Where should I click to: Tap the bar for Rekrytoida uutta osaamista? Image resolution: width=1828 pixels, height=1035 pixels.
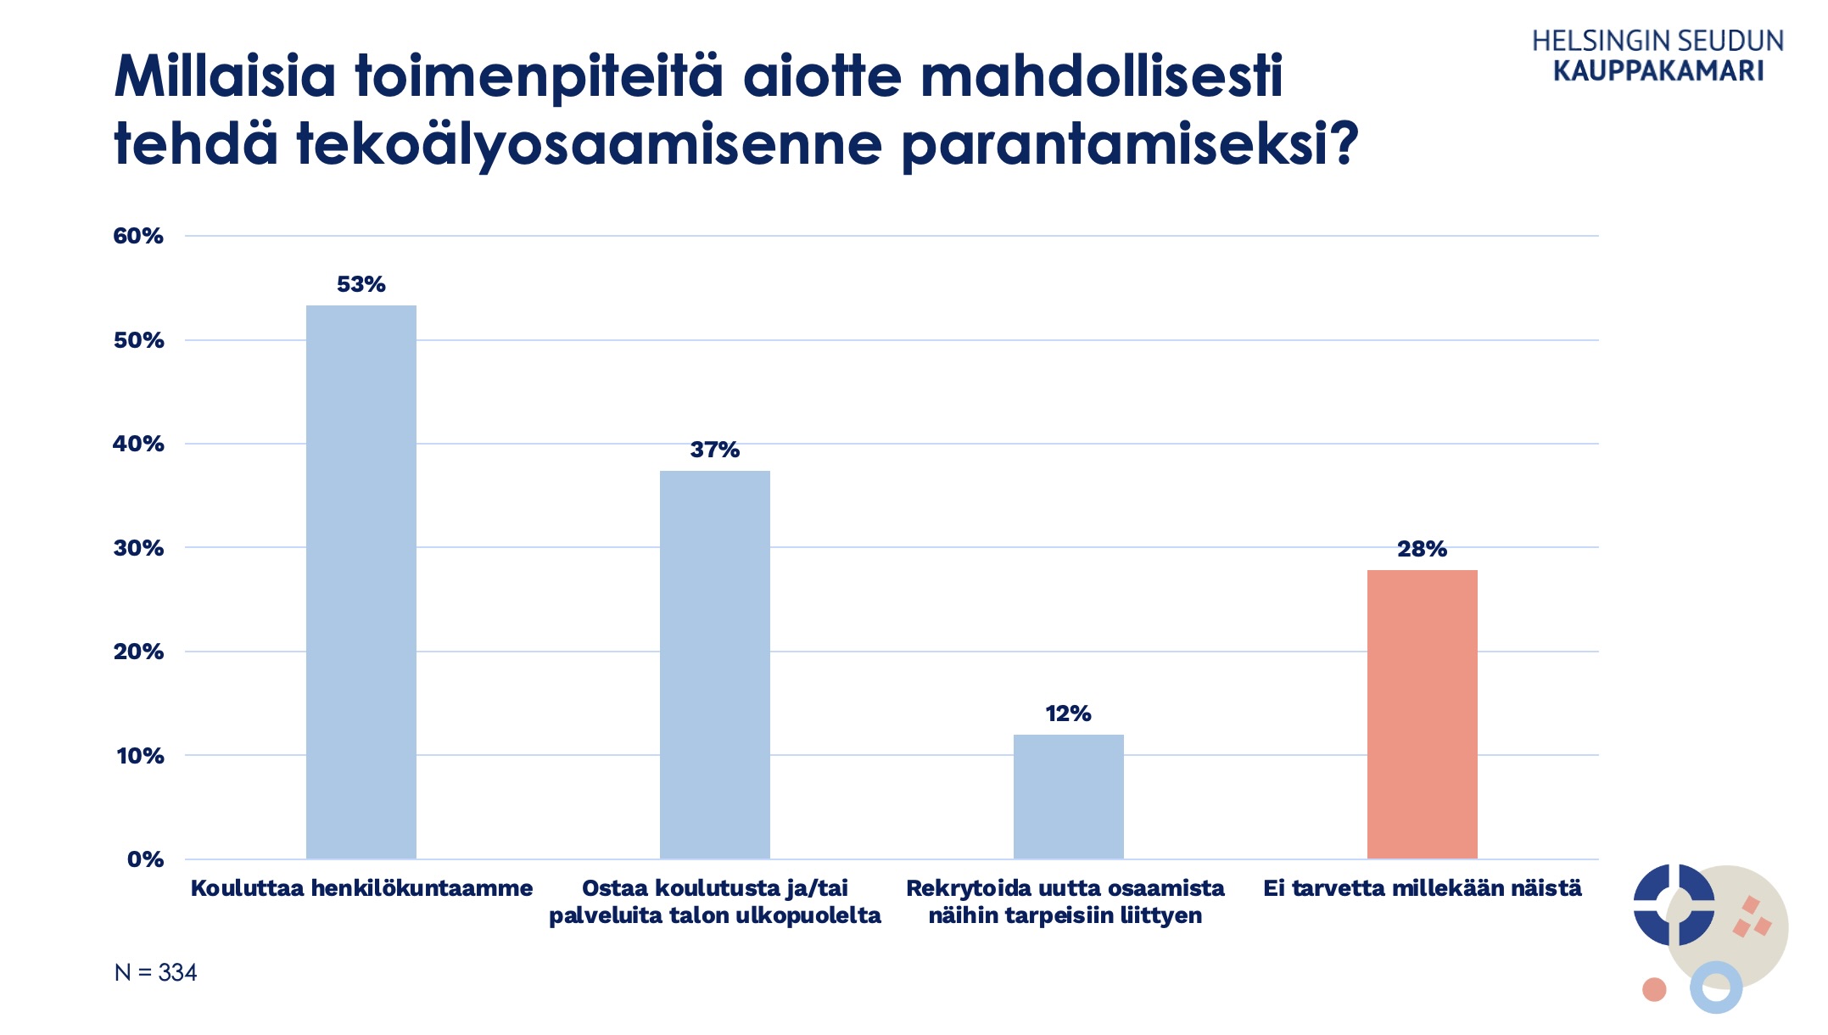point(1068,797)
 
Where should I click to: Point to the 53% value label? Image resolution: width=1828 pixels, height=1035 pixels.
point(361,284)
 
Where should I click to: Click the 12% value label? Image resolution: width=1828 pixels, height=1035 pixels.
point(1068,713)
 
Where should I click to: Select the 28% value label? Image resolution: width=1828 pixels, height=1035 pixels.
point(1422,549)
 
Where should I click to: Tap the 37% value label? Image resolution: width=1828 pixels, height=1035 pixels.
point(714,450)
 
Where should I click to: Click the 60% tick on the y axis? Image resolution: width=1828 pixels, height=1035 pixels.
point(138,236)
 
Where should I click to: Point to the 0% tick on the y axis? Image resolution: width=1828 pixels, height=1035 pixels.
point(145,859)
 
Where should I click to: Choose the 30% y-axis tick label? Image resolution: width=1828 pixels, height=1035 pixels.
point(138,548)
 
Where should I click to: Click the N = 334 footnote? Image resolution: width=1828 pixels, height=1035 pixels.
point(155,972)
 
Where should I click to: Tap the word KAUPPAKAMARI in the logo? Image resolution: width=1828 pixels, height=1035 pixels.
point(1658,70)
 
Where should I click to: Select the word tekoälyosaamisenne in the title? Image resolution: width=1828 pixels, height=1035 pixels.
point(590,144)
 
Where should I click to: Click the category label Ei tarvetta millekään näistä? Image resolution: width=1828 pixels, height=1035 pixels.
point(1422,888)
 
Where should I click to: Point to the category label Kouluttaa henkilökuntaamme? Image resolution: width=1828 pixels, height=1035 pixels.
point(361,888)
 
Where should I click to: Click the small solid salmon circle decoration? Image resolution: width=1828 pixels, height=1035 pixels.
point(1654,989)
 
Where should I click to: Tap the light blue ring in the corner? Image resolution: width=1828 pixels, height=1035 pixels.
point(1716,988)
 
